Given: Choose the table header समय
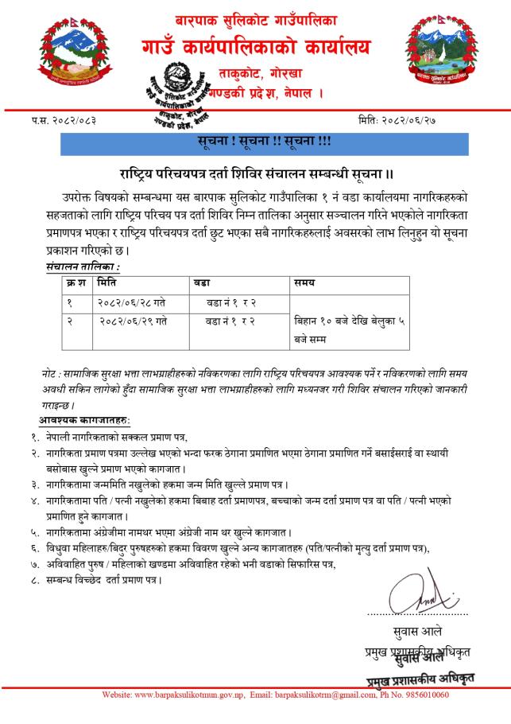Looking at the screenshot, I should tap(304, 283).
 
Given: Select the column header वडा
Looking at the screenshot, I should tap(202, 283).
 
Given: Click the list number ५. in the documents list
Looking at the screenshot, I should tap(36, 531).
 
